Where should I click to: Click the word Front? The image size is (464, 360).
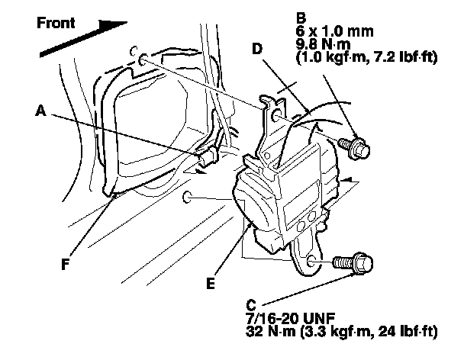click(x=56, y=22)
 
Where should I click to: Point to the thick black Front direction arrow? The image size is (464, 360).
click(x=85, y=41)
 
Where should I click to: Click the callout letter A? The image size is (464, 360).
click(x=40, y=110)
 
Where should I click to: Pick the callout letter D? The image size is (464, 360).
click(x=257, y=47)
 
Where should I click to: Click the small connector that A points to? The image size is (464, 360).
click(x=205, y=159)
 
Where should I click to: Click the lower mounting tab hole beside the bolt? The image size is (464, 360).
click(x=311, y=261)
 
